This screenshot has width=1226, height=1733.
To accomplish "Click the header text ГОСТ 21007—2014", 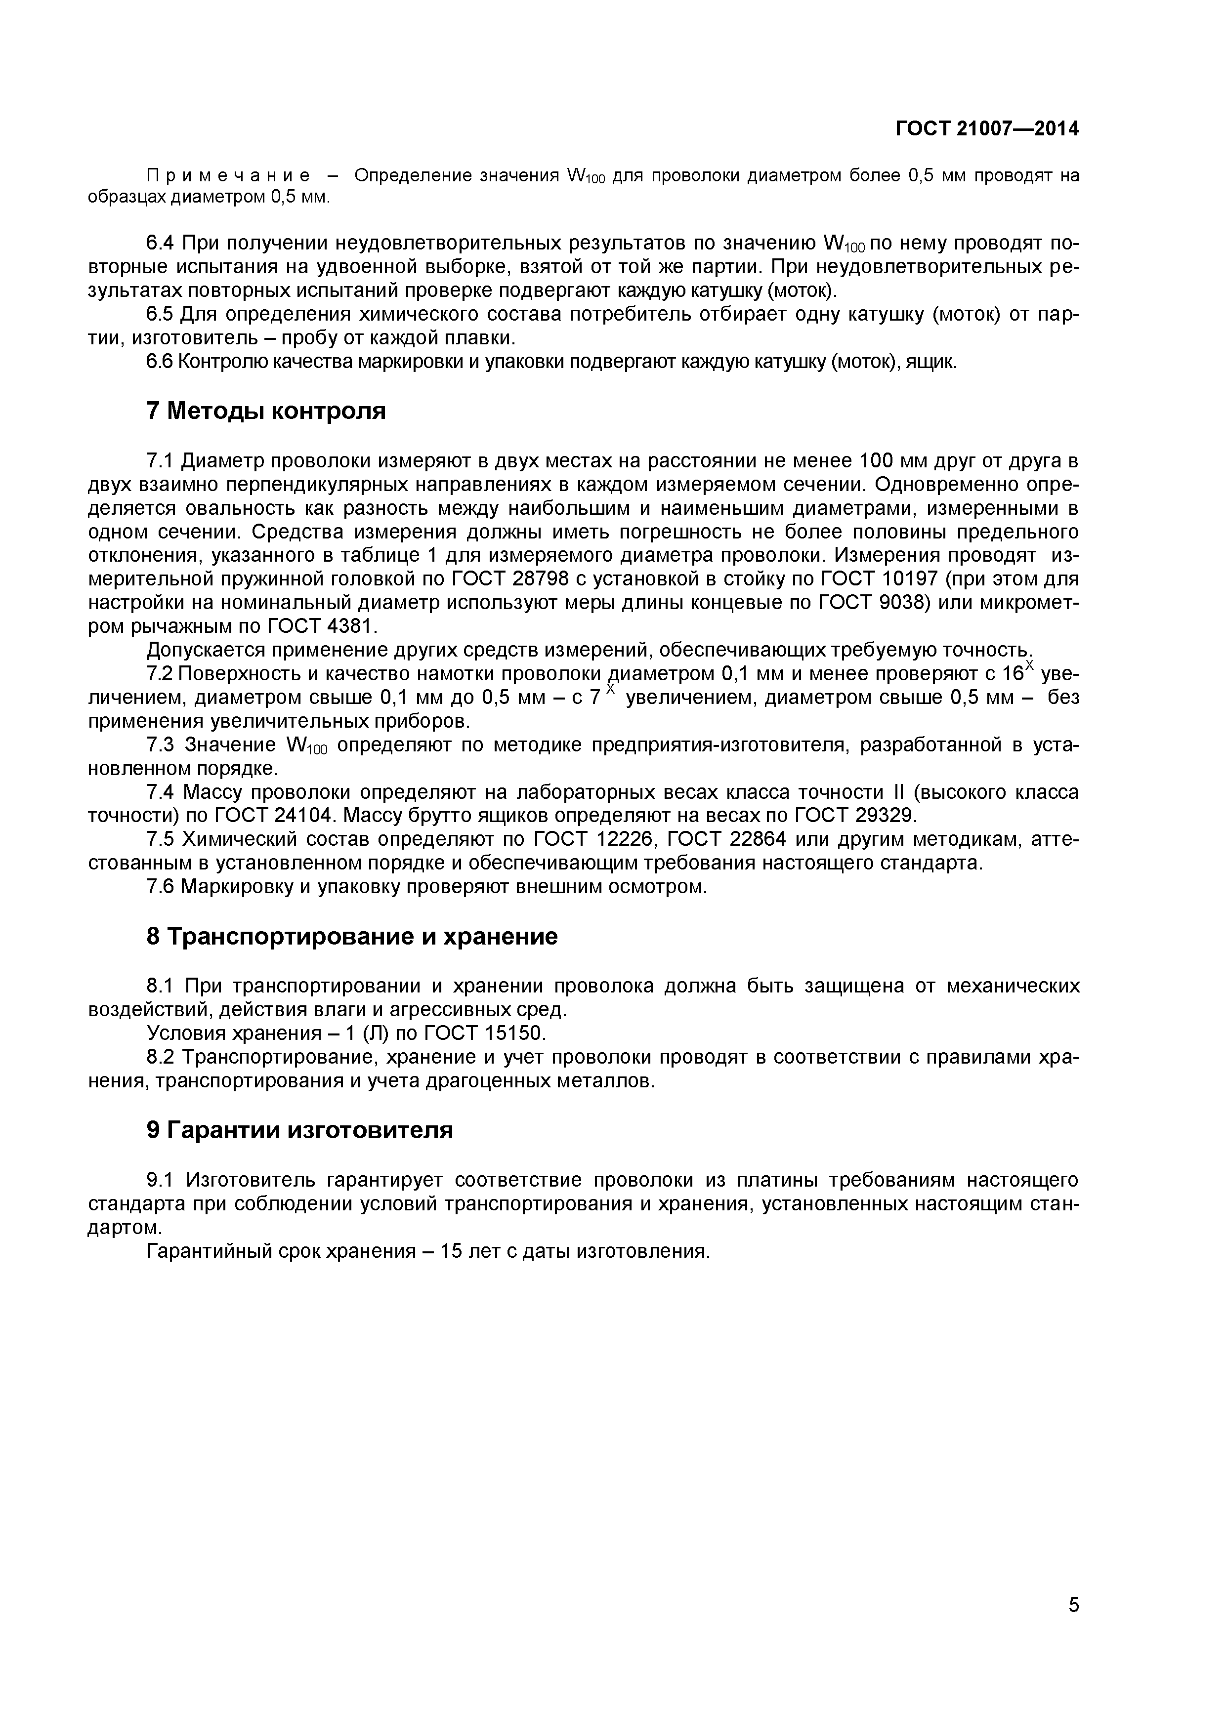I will pos(987,129).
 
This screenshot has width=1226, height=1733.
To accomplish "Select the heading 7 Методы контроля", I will pos(266,412).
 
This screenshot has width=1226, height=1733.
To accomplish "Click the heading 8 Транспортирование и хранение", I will pos(352,937).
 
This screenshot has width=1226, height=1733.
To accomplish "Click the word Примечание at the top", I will pos(227,176).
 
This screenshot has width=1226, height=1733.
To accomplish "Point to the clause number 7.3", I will pos(160,745).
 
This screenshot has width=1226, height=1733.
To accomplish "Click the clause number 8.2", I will pos(160,1057).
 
